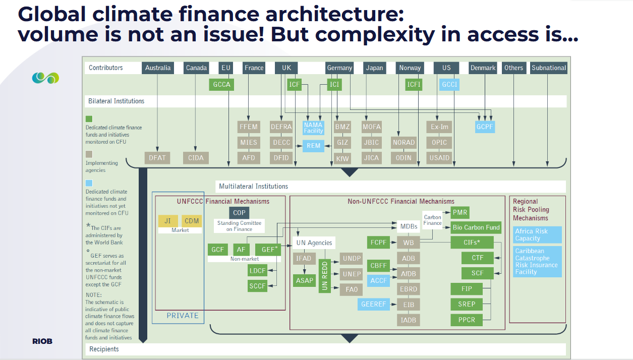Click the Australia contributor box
(158, 68)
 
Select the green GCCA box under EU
(221, 85)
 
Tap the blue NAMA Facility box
(313, 128)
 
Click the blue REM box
(313, 146)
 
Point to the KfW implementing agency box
(342, 158)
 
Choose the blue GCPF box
(485, 127)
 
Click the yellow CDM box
(192, 221)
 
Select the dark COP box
(239, 213)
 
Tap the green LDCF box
(257, 271)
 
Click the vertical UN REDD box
(325, 276)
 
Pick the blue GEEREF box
(374, 305)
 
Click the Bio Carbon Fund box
(476, 227)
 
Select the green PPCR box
(467, 320)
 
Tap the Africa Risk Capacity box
(537, 235)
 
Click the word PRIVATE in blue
(183, 316)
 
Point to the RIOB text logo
(42, 341)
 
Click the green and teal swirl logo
(45, 78)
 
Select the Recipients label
(104, 349)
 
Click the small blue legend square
(89, 183)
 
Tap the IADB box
(409, 320)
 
